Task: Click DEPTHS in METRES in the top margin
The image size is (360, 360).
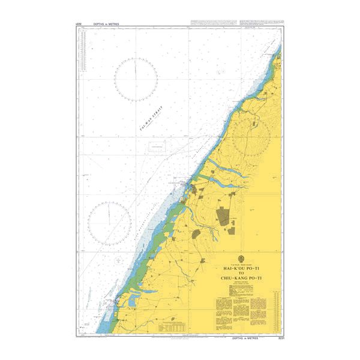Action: [106, 24]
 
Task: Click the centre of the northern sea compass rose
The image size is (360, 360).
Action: [136, 79]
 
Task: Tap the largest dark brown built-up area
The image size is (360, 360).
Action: [224, 216]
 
